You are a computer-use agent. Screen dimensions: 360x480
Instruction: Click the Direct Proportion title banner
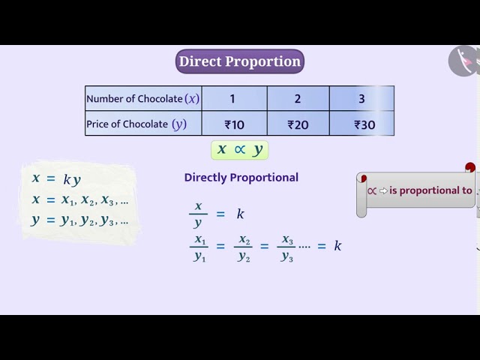(240, 61)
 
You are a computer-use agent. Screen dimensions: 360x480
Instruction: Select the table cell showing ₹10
(234, 124)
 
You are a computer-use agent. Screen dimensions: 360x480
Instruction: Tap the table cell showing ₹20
(298, 124)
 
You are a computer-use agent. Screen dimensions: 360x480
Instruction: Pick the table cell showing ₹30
(364, 124)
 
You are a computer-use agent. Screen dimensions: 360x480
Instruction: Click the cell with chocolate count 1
(233, 98)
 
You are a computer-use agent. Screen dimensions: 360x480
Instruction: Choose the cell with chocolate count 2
(298, 98)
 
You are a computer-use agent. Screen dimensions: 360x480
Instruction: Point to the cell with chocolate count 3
(361, 98)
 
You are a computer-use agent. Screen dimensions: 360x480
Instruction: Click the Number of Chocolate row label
(143, 98)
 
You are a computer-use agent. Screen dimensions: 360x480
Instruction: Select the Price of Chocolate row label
(136, 124)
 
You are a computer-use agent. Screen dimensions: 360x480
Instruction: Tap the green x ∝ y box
(240, 149)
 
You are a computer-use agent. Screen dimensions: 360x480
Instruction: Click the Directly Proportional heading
(241, 178)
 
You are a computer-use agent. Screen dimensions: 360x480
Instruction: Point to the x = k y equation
(56, 179)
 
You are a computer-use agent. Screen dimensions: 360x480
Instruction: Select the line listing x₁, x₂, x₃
(80, 200)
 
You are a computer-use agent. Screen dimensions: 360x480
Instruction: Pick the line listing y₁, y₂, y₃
(80, 220)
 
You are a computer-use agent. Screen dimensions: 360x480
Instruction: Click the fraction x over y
(198, 214)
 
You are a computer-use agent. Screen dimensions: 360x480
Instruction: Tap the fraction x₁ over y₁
(199, 247)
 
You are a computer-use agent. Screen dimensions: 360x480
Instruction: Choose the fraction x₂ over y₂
(244, 247)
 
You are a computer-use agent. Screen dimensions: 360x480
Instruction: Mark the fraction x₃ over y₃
(287, 247)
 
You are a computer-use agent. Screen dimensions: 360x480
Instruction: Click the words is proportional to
(430, 190)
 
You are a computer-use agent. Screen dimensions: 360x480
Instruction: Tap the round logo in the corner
(463, 60)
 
